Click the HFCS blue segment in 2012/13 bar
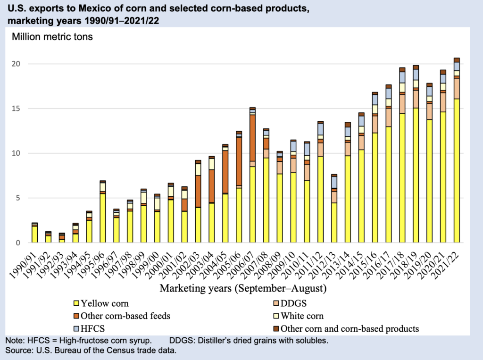pyautogui.click(x=334, y=182)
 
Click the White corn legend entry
pyautogui.click(x=302, y=316)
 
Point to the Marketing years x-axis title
pyautogui.click(x=243, y=288)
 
